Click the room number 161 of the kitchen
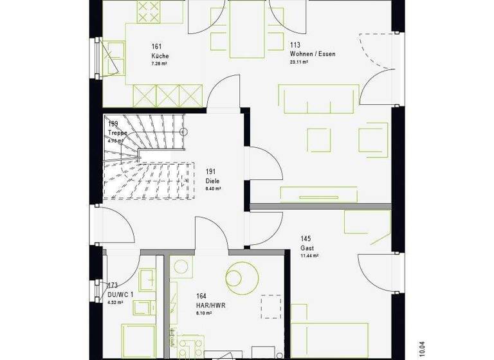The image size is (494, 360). point(156,46)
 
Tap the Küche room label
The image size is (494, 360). point(160,55)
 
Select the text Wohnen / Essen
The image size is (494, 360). point(313,54)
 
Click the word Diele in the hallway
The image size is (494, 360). point(212,181)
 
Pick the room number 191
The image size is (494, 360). point(210,172)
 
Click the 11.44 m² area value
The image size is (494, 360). point(310,255)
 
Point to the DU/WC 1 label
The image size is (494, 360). point(120,294)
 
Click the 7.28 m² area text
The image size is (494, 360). point(159,64)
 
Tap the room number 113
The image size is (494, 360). point(295,45)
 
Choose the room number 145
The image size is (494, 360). point(306,239)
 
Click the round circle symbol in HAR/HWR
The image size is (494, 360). point(240,276)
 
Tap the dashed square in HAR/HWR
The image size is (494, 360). point(271,306)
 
